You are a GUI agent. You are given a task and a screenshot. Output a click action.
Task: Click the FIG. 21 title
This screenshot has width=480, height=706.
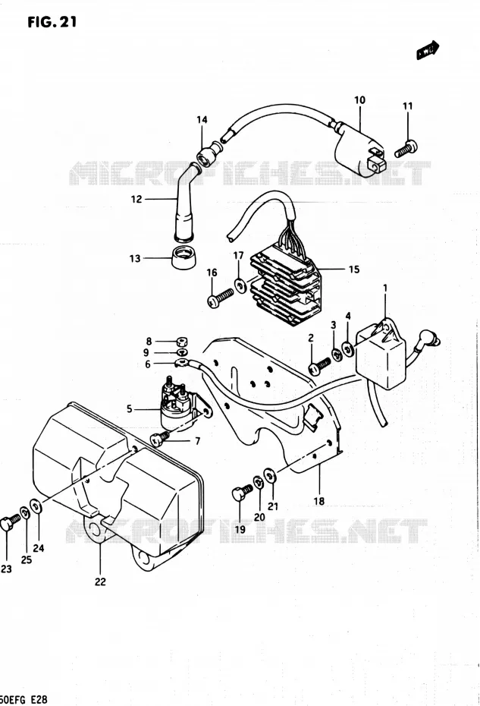[x=52, y=21]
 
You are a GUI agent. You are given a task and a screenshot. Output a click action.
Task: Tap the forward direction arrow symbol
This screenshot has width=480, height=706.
[x=428, y=49]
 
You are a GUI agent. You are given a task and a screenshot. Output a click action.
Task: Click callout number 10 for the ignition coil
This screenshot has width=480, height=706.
[x=360, y=100]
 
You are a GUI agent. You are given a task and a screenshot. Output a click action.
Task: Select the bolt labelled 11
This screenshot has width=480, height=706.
[x=406, y=148]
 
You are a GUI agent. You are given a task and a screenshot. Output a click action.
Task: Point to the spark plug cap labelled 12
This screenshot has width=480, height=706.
[x=186, y=200]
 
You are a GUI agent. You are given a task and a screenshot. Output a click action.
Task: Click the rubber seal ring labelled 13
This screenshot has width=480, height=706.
[x=184, y=257]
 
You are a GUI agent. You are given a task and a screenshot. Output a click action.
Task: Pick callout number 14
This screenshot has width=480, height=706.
[x=202, y=119]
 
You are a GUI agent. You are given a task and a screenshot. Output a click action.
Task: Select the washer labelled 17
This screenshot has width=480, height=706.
[x=240, y=285]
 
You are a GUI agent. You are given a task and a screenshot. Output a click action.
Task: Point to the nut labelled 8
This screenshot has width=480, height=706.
[x=183, y=342]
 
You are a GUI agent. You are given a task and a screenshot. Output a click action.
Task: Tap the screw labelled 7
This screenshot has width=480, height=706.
[x=161, y=438]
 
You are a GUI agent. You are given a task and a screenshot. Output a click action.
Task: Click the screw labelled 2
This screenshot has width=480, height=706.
[x=319, y=366]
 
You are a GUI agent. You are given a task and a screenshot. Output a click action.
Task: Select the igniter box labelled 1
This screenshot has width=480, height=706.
[x=383, y=354]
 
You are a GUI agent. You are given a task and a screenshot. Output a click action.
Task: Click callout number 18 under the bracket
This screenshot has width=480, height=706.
[x=319, y=501]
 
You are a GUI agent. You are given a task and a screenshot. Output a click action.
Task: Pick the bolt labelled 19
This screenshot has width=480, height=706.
[x=241, y=492]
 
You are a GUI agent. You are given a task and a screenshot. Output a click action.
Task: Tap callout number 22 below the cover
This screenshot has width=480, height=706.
[x=100, y=582]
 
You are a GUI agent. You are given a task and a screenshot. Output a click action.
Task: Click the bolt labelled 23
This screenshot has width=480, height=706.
[x=11, y=522]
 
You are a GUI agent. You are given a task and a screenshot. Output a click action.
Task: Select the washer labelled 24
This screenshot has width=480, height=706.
[x=36, y=506]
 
